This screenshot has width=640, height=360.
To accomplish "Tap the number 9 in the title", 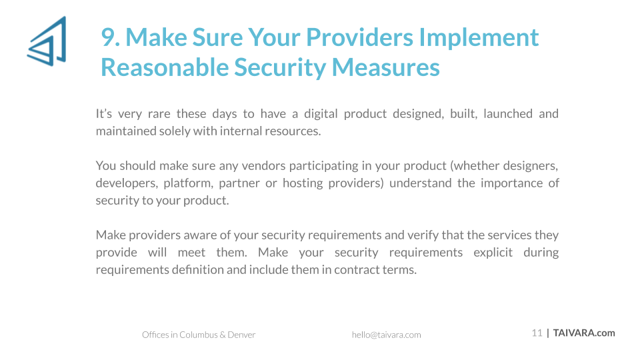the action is click(108, 37).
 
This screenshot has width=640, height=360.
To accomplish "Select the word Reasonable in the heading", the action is click(164, 67).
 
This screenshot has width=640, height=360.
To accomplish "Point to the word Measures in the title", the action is click(386, 67).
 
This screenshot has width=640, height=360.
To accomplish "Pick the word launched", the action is click(508, 113).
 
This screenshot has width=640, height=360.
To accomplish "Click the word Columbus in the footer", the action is click(199, 335).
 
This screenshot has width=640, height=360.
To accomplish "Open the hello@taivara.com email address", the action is click(386, 335).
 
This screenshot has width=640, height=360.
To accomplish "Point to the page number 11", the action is click(537, 333).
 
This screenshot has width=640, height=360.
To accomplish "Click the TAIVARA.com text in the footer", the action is click(584, 333).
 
